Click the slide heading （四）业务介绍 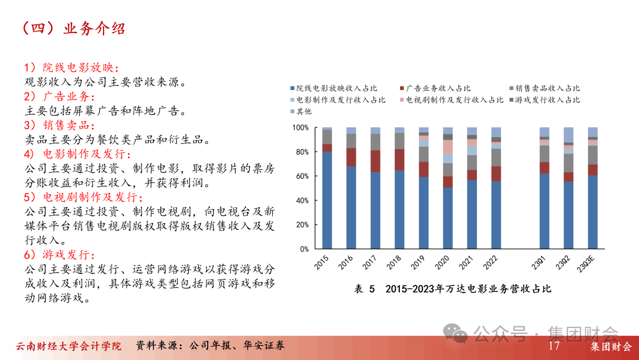[74, 28]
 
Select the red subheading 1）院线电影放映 [72, 67]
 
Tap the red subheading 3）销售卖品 [60, 125]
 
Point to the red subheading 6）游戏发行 [60, 255]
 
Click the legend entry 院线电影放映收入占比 [334, 88]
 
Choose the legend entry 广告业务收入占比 [435, 88]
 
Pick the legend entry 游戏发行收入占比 [544, 100]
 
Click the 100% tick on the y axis [301, 128]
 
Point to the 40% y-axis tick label [302, 201]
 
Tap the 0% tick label [304, 249]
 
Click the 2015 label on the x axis [321, 262]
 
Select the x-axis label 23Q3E [586, 264]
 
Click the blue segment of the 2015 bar [327, 200]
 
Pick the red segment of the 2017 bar [375, 162]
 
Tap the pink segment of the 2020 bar [448, 147]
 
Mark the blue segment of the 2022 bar [496, 216]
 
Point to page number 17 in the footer [554, 346]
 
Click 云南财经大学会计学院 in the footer [69, 346]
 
